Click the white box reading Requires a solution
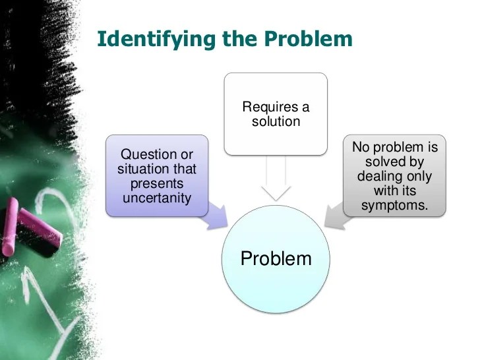coord(276,113)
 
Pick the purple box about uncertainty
coord(157,175)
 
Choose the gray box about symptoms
coord(394,175)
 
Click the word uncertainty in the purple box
coord(157,198)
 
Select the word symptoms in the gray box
coord(394,206)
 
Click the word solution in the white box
coord(276,121)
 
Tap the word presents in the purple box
coord(157,184)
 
